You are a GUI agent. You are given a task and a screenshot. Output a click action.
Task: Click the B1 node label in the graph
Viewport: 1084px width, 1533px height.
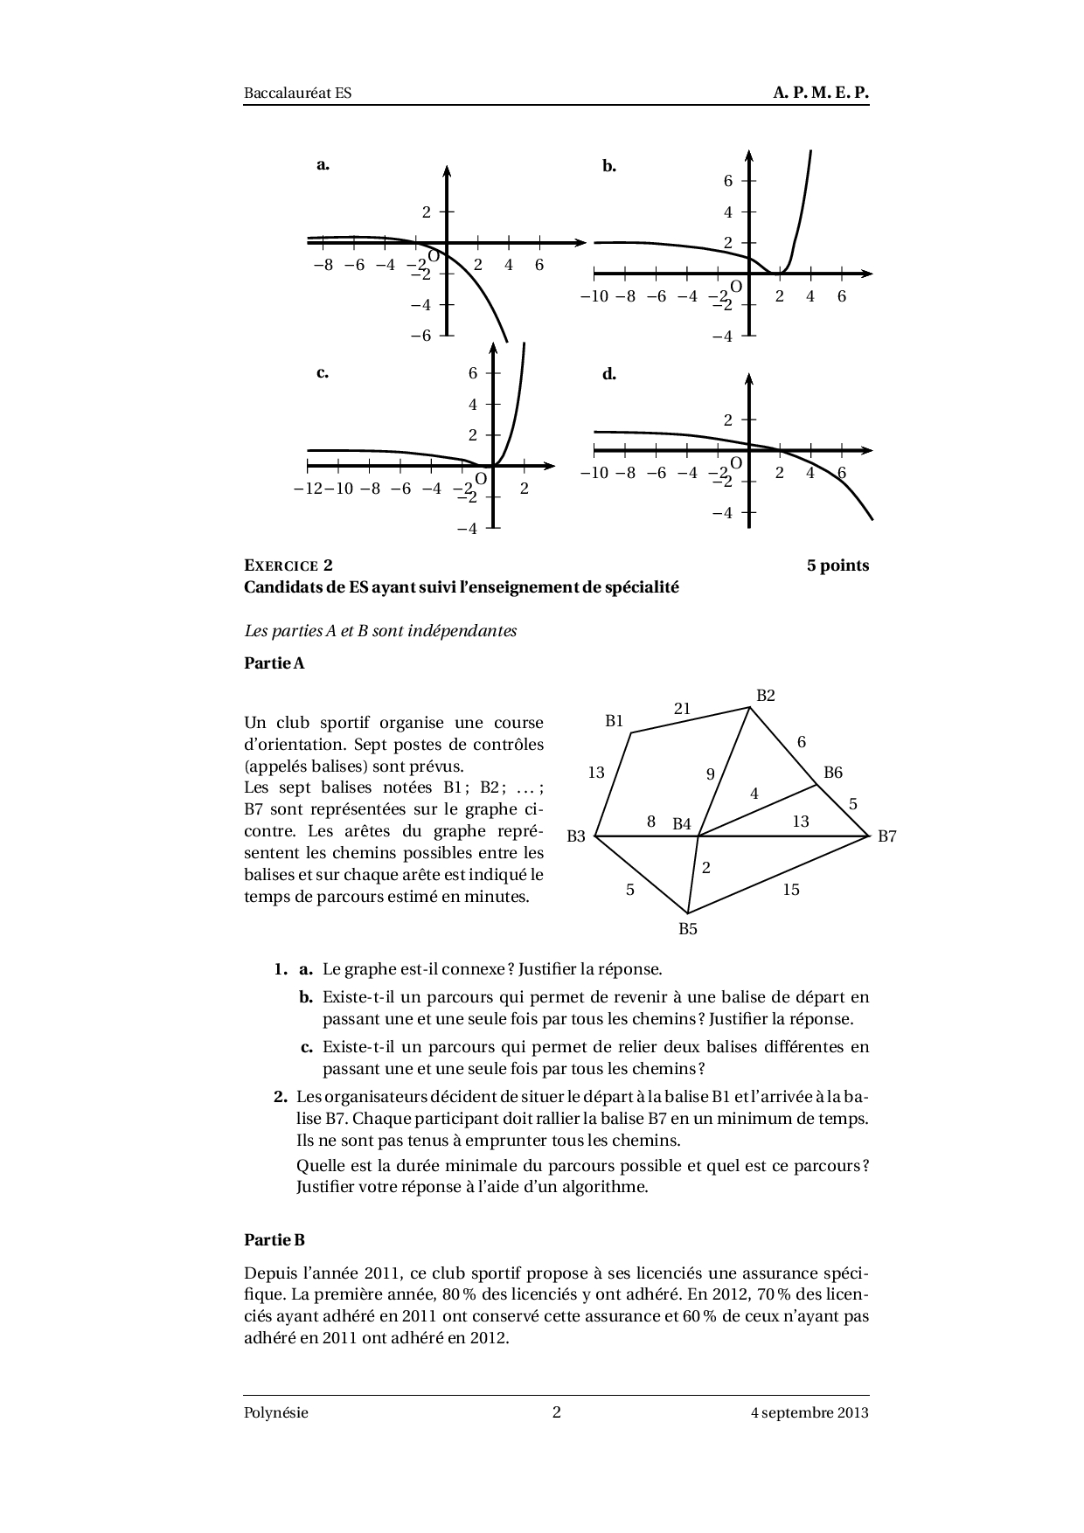coord(615,721)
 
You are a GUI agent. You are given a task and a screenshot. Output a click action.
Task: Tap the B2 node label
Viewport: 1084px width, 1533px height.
coord(766,696)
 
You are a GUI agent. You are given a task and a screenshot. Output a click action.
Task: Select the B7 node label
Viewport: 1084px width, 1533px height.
coord(887,836)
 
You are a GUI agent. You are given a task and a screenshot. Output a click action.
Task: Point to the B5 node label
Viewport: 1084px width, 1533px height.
coord(688,929)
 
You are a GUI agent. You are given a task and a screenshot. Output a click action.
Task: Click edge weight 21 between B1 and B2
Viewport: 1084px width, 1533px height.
coord(683,709)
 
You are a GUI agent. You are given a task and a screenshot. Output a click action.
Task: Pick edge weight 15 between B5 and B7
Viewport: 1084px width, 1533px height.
coord(791,890)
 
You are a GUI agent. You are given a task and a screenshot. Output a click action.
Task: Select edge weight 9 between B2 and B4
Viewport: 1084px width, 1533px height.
coord(711,773)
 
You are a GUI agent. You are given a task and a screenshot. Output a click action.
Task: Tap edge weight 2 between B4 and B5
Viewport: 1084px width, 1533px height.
coord(706,868)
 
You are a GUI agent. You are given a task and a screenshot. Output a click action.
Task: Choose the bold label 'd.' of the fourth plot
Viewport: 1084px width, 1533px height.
coord(609,374)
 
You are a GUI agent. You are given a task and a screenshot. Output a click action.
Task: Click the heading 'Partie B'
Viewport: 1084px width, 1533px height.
coord(274,1239)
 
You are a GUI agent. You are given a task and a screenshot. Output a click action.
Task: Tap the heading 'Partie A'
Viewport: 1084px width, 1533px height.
coord(274,663)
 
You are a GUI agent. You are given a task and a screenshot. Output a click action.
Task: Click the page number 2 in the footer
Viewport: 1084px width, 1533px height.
coord(557,1412)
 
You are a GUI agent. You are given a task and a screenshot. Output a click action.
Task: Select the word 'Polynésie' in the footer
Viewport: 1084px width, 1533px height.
coord(276,1412)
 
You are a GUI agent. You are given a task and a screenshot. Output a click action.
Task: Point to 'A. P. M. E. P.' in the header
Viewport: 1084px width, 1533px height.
coord(821,93)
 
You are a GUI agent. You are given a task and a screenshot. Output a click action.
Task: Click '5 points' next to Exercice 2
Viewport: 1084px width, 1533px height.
coord(837,565)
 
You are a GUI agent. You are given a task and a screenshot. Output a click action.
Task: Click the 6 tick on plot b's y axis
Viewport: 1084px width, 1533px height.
coord(727,181)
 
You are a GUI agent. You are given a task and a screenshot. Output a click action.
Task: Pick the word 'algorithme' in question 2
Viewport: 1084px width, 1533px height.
coord(604,1187)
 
